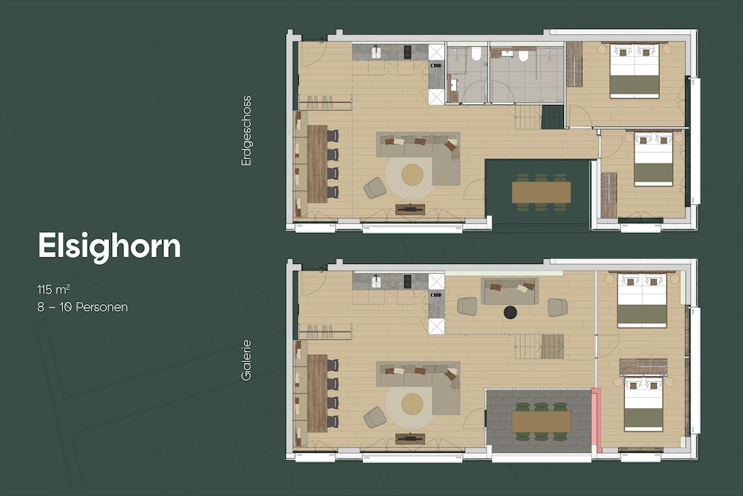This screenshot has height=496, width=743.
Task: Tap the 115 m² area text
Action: click(54, 289)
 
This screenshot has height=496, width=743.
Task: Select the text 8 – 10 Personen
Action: click(82, 307)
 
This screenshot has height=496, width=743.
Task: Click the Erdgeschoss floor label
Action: click(246, 131)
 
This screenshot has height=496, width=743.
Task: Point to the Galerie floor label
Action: click(246, 361)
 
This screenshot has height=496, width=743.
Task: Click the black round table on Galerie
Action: click(510, 312)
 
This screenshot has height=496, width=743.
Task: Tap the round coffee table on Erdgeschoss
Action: click(412, 175)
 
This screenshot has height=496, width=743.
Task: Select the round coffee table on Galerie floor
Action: click(412, 404)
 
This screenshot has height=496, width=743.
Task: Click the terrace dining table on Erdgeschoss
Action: click(541, 193)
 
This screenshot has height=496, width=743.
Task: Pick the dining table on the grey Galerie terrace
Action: click(541, 422)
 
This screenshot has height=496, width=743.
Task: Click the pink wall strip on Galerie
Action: click(597, 420)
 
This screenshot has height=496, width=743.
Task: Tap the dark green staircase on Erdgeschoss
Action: click(553, 117)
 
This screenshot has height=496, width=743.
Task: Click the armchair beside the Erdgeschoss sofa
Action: click(375, 188)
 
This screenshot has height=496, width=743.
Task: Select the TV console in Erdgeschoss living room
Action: click(410, 208)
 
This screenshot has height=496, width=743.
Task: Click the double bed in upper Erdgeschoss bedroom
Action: click(635, 71)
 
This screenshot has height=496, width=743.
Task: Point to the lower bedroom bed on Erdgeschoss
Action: click(653, 159)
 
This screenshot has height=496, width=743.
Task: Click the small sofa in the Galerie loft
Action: click(510, 292)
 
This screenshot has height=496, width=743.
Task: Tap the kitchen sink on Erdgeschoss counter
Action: click(376, 52)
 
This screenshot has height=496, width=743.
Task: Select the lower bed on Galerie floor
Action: click(643, 404)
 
